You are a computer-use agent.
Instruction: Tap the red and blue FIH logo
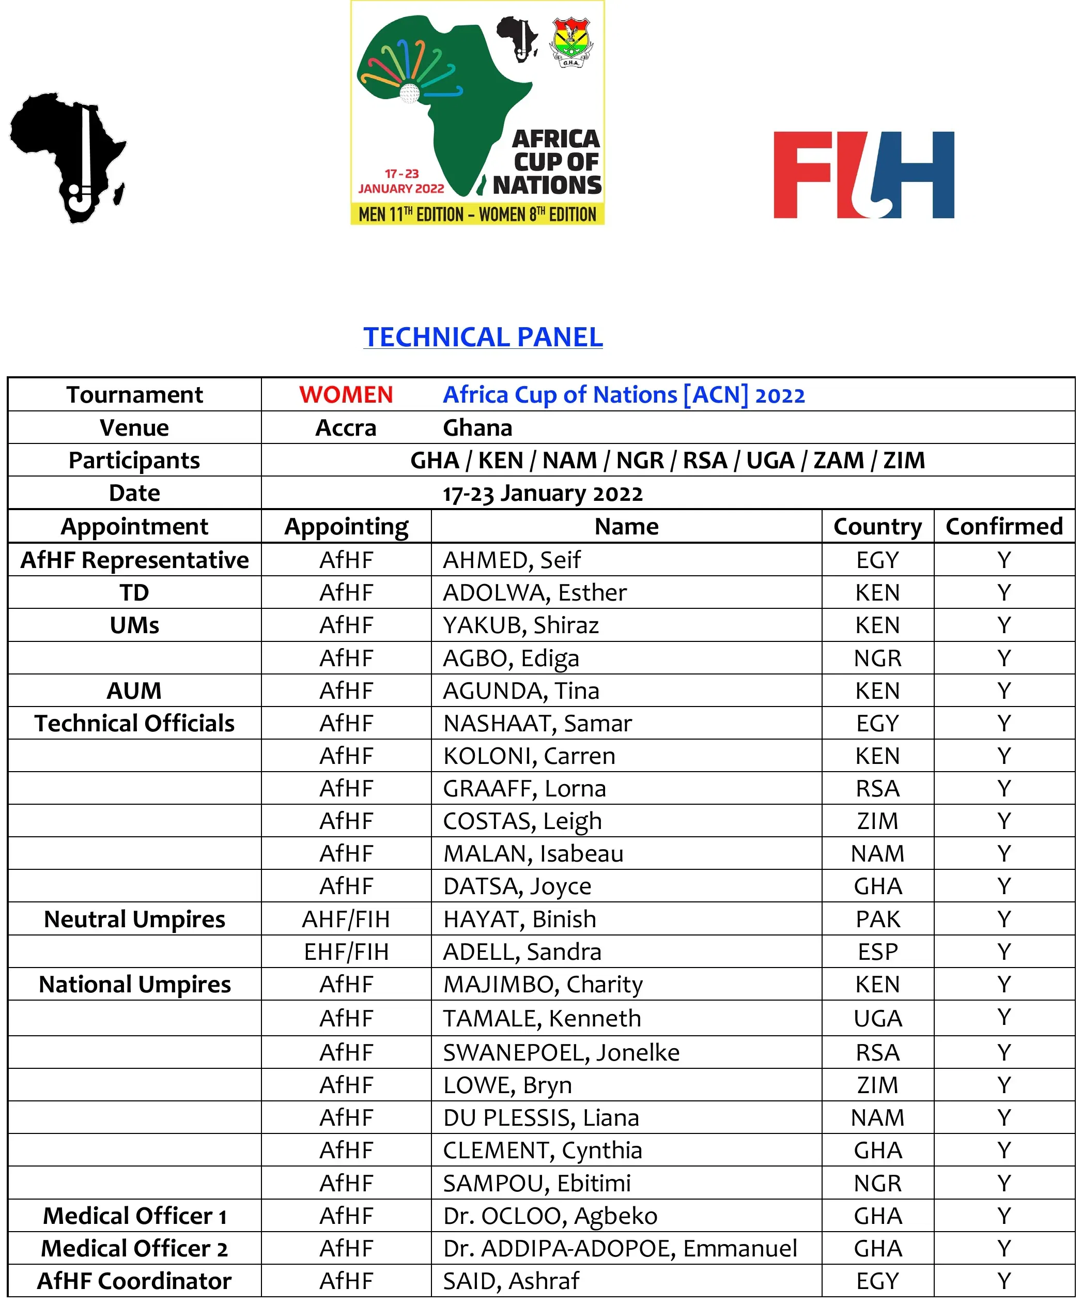coord(863,175)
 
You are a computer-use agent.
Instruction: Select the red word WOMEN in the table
coord(346,395)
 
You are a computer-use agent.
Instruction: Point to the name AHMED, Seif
coord(512,560)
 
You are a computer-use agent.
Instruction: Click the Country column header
coord(877,527)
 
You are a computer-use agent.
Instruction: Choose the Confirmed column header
coord(1004,527)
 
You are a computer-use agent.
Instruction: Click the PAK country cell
coord(877,919)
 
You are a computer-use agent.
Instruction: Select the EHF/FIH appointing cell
coord(346,952)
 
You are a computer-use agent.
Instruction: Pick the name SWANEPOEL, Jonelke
coord(561,1052)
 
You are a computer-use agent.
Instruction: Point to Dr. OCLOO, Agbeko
coord(550,1216)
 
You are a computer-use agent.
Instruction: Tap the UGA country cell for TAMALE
coord(877,1018)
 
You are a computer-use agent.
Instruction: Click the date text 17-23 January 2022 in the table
coord(543,494)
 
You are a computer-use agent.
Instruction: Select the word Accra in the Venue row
coord(346,428)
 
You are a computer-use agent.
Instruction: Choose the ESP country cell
coord(877,952)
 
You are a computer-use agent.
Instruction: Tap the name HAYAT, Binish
coord(519,919)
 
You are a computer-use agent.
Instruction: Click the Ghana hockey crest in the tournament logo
coord(570,42)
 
